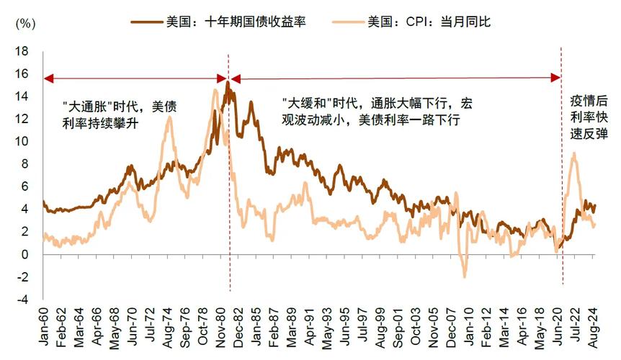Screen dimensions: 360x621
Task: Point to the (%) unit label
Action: pos(24,24)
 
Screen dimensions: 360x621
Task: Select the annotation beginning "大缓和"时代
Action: pos(377,112)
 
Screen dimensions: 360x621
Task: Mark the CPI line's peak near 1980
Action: pos(215,89)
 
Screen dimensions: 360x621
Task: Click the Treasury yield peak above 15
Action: pos(228,82)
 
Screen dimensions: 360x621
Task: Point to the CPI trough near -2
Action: pos(464,276)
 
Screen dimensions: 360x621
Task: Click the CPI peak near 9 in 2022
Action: pos(573,153)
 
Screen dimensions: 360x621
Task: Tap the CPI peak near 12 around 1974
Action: pos(169,117)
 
